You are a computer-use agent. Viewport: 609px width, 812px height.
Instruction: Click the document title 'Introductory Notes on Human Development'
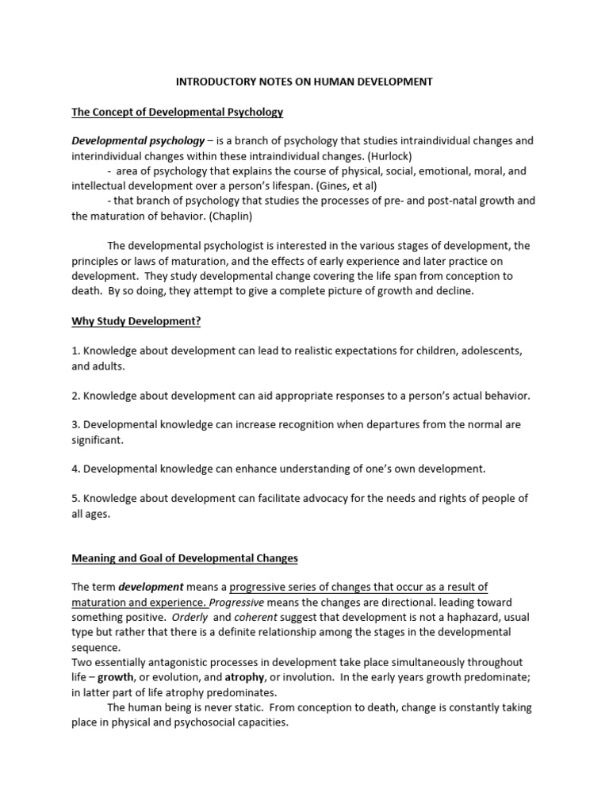304,82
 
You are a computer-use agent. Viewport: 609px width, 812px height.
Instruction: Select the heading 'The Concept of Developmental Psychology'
178,112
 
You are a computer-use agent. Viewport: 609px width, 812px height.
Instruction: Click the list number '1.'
76,350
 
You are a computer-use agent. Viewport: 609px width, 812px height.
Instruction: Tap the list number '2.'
76,395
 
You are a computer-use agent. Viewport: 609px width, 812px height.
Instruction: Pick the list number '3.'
76,424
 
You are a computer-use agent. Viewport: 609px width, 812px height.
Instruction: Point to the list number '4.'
76,469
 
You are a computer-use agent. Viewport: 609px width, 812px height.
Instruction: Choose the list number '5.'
76,499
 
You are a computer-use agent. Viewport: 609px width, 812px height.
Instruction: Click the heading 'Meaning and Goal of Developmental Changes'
185,558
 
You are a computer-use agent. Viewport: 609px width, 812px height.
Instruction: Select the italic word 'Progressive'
238,602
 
